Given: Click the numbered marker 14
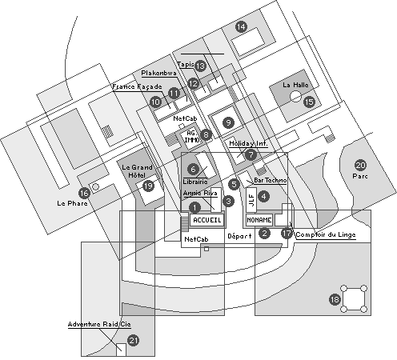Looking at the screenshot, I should coord(241,26).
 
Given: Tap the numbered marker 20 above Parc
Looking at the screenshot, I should coord(361,165).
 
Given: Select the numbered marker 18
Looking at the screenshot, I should coord(335,299).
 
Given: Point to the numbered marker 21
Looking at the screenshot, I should coord(134,340).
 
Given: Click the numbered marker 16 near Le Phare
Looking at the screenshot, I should coord(84,193).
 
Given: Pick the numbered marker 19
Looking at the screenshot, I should coord(148,186).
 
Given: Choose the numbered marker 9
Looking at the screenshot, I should coord(229,122).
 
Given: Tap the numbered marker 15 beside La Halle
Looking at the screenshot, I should coord(309,101).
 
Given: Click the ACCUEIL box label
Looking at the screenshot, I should coord(207,219).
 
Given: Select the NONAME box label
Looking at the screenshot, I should coord(259,219).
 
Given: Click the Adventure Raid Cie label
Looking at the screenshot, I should coord(98,324).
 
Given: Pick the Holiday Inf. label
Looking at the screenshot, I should coord(247,143).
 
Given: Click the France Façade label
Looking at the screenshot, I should coord(137,86).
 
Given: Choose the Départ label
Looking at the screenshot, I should coord(239,236).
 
